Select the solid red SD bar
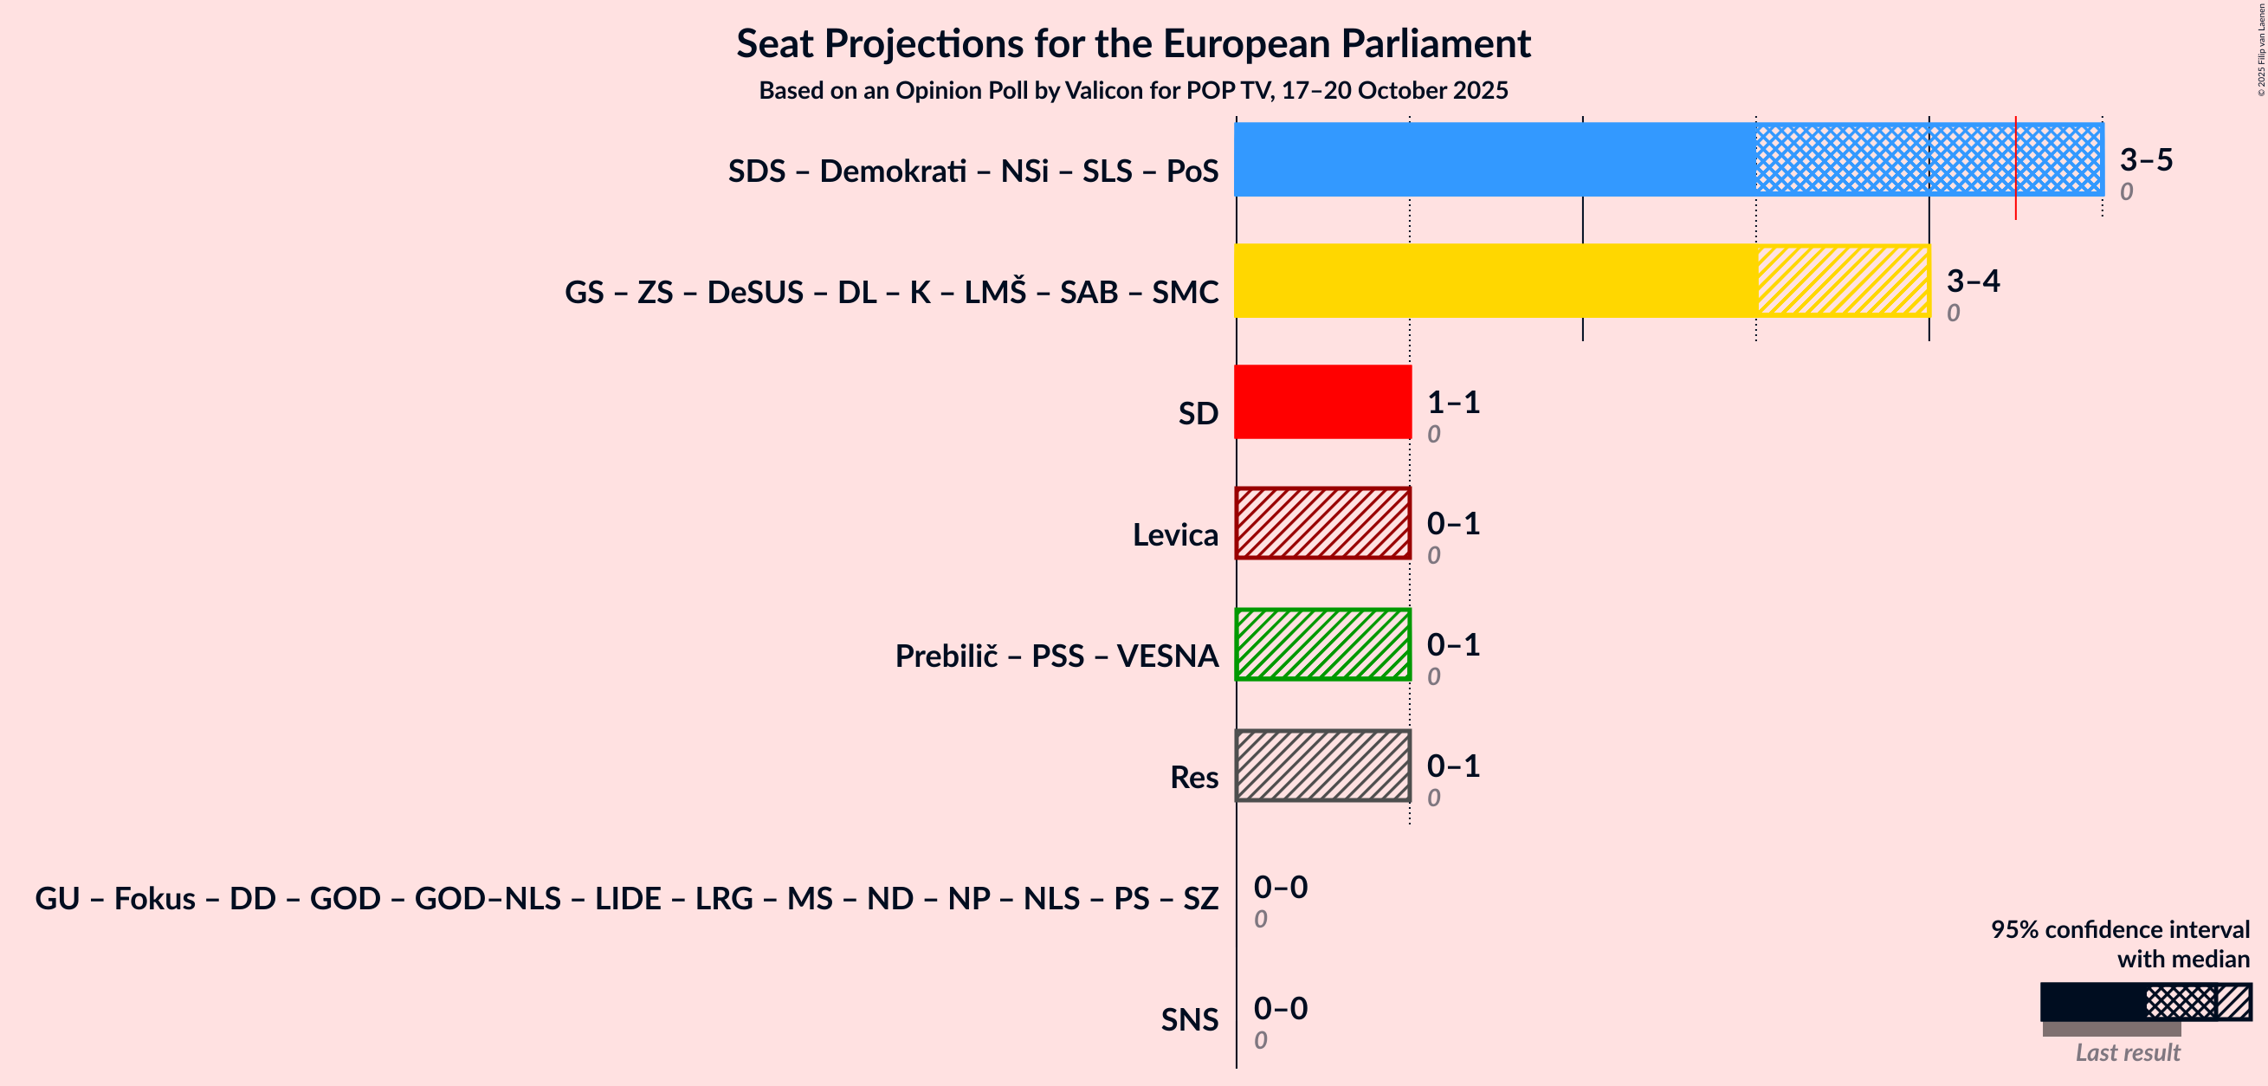tap(1322, 402)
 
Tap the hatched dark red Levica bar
tap(1322, 523)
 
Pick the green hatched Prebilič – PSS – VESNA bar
tap(1322, 644)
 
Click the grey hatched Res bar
tap(1322, 766)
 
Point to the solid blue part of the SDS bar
tap(1495, 159)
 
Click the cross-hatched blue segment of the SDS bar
tap(1884, 159)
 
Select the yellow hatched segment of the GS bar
tap(1843, 280)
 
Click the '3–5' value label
tap(2146, 159)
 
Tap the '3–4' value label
tap(1973, 280)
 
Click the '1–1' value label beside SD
tap(1454, 402)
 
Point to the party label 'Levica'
tap(1174, 534)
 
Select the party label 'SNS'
tap(1189, 1019)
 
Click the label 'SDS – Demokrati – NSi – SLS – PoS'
tap(972, 171)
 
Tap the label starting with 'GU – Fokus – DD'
tap(626, 898)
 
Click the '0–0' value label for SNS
tap(1280, 1007)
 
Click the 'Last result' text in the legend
tap(2127, 1052)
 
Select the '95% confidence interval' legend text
tap(2119, 930)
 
